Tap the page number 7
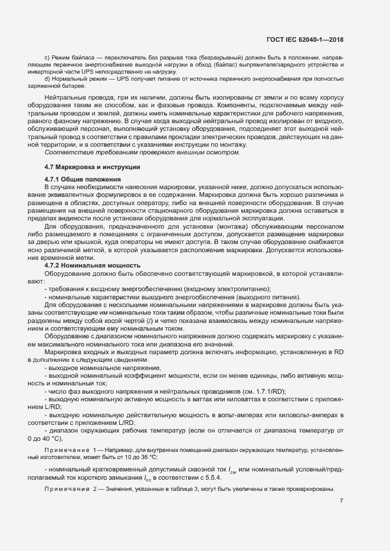(342, 501)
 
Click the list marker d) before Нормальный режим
(47, 78)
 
